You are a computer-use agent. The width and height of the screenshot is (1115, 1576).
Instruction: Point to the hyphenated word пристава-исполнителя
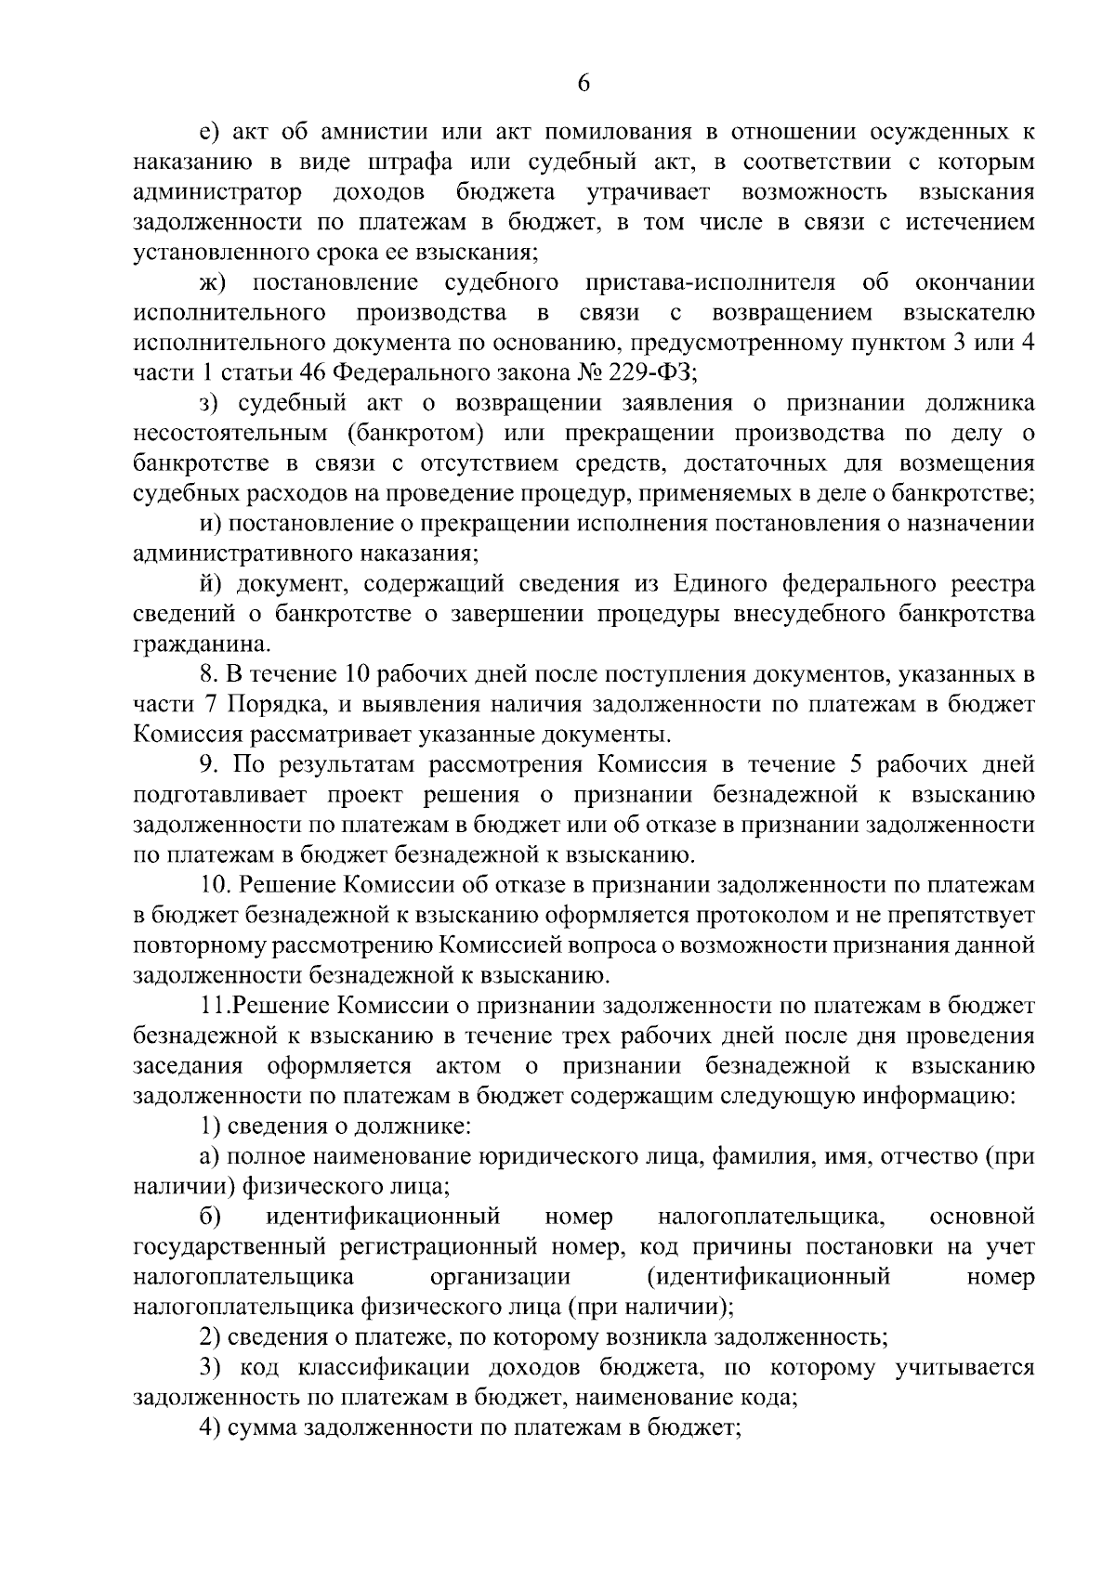tap(711, 282)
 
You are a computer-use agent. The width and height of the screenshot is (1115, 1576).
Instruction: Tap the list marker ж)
tap(213, 282)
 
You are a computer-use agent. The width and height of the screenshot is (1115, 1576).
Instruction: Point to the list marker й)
tap(212, 584)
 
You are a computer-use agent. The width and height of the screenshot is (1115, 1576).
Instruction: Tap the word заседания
tap(189, 1065)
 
